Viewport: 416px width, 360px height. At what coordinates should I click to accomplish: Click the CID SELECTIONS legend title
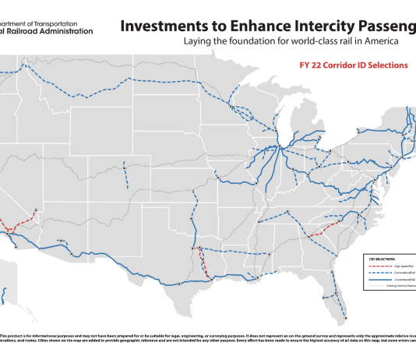tap(379, 258)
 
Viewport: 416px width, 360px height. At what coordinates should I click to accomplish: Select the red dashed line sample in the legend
tap(378, 266)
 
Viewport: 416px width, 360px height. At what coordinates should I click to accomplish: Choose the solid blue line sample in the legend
tap(378, 279)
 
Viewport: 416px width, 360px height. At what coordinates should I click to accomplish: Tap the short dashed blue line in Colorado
tap(126, 175)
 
